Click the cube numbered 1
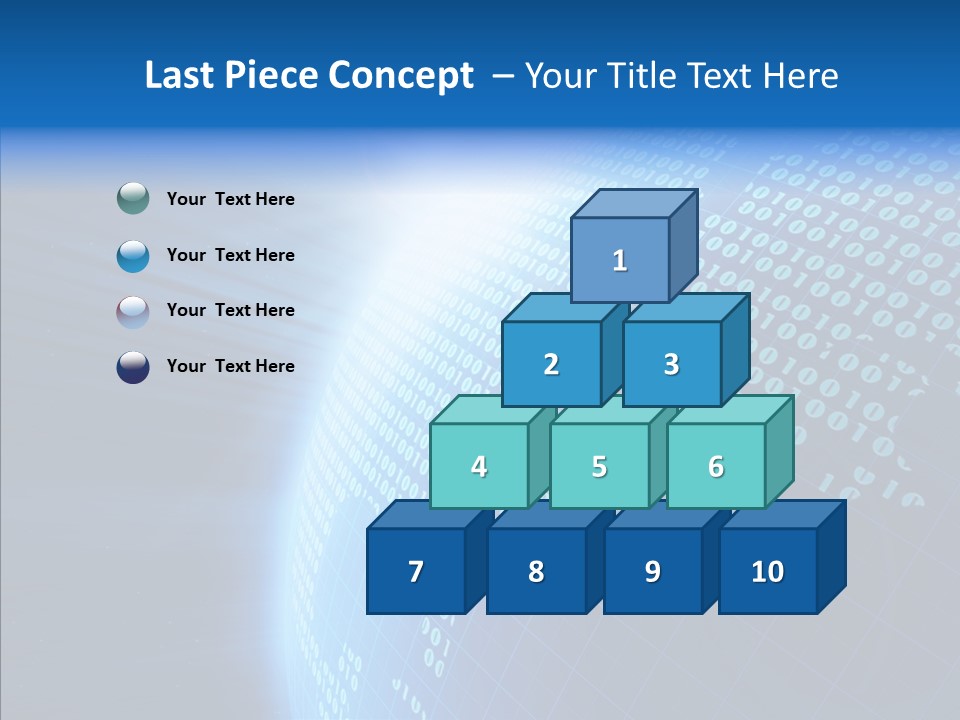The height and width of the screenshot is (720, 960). (x=620, y=260)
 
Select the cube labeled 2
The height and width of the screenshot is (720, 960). (x=551, y=364)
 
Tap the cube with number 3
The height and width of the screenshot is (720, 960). (x=671, y=364)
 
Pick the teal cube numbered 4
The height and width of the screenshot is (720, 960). (x=479, y=466)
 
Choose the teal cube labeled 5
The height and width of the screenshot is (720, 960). (x=599, y=466)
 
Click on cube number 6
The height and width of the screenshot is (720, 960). (x=716, y=466)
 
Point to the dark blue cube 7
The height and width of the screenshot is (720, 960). (x=416, y=571)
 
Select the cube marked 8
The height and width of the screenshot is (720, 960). (x=536, y=571)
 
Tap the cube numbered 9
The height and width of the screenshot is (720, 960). (x=652, y=571)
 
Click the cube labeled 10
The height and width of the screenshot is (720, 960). (x=768, y=571)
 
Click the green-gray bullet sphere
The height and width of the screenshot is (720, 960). (x=133, y=199)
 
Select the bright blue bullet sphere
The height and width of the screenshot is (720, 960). (x=133, y=255)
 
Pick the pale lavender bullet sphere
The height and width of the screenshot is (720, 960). (x=133, y=311)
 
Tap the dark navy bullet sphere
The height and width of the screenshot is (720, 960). (x=133, y=366)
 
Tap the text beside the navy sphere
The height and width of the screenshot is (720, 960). (x=230, y=366)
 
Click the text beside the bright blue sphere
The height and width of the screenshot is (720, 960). (x=230, y=255)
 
